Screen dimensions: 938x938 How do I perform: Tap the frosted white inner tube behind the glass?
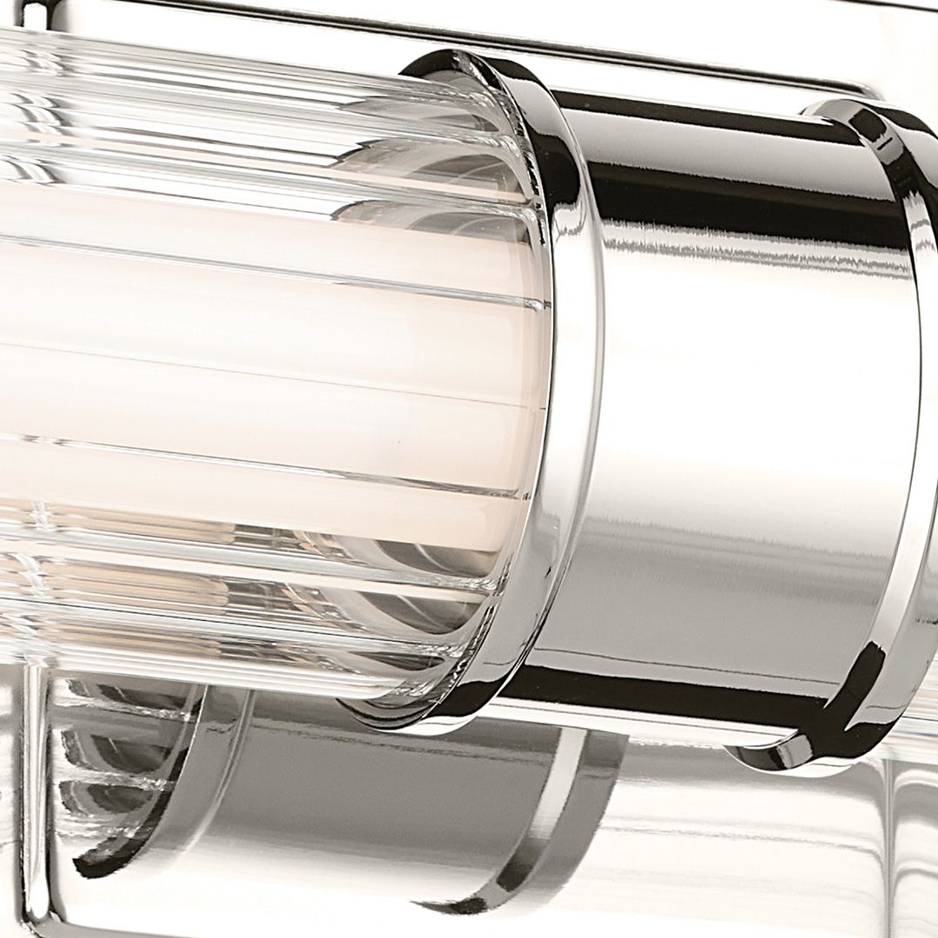coord(261,365)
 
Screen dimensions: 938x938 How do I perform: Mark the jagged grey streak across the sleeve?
coord(738,252)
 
